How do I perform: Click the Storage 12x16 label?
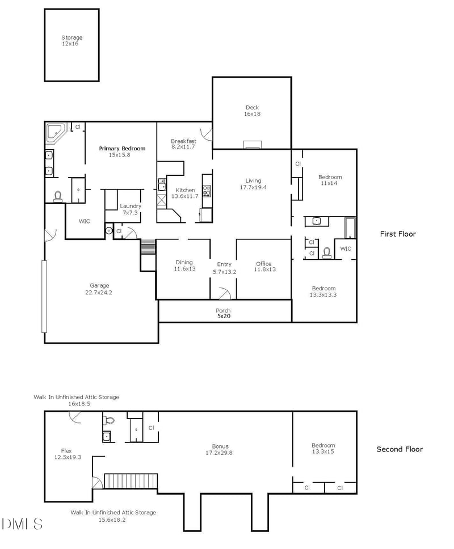(72, 40)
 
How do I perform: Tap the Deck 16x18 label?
(252, 111)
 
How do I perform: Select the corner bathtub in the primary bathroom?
(56, 133)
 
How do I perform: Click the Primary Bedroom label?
(122, 151)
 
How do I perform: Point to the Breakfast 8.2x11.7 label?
(183, 143)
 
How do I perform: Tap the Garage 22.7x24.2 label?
(99, 289)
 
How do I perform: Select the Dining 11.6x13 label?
(184, 265)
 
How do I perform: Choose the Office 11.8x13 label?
(263, 267)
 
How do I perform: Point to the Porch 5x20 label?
(223, 313)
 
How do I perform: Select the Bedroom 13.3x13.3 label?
(323, 292)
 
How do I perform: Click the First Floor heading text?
(397, 234)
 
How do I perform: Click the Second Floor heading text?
(400, 449)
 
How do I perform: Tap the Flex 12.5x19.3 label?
(68, 454)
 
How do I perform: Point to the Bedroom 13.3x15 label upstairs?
(323, 449)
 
